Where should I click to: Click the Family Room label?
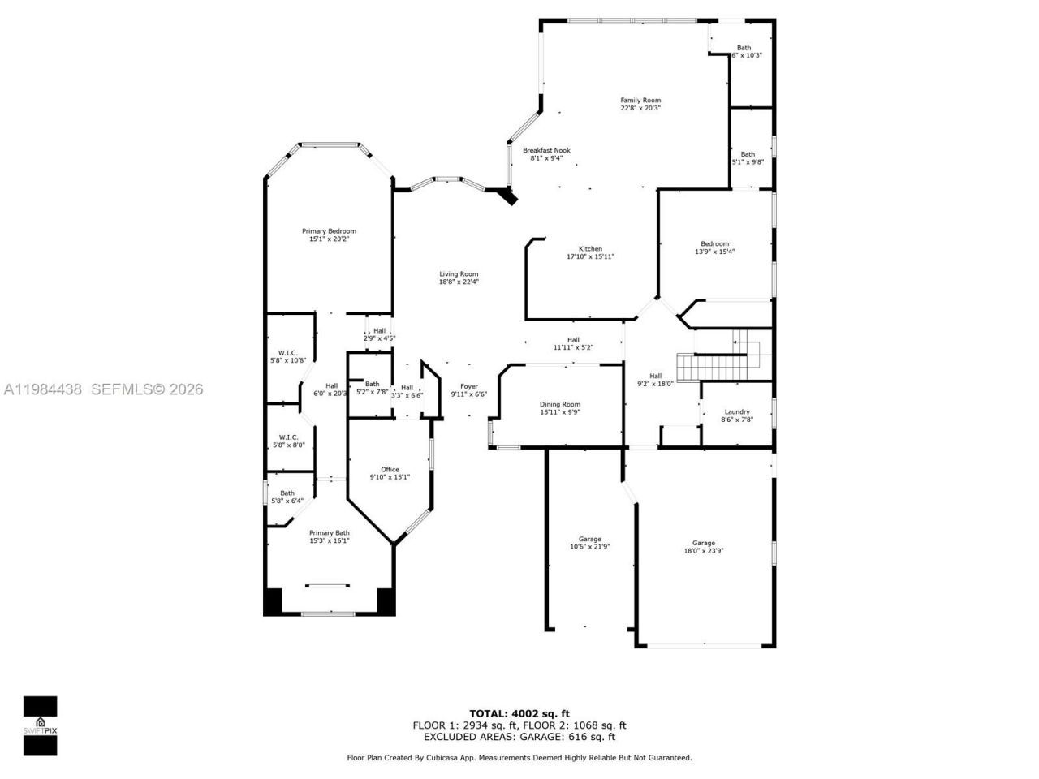point(640,101)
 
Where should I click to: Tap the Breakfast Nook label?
point(546,150)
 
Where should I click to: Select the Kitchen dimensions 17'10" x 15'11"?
point(590,256)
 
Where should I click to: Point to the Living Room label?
point(459,274)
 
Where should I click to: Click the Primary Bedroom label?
point(329,231)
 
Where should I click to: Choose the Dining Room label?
point(560,404)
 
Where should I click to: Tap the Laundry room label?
point(737,412)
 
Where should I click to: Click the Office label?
point(390,469)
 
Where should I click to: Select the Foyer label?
point(469,386)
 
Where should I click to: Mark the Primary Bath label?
point(329,533)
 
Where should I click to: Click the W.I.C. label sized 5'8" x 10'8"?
point(288,353)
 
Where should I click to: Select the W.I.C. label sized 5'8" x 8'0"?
point(288,437)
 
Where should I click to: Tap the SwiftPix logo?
point(40,725)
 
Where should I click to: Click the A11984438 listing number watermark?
point(42,389)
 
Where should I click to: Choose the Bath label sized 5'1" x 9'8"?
point(748,154)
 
